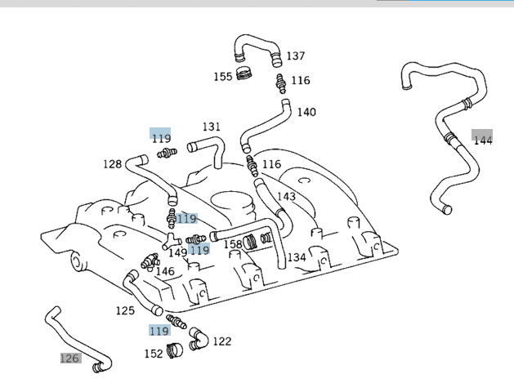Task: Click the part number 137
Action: point(295,56)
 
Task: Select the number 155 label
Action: point(223,77)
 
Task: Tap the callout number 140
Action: point(306,112)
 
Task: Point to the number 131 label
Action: point(212,127)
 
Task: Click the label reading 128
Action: point(112,164)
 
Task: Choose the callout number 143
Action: point(286,196)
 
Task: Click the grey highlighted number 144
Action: point(483,140)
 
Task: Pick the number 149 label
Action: point(178,252)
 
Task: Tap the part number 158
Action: point(234,243)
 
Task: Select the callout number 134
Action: point(296,257)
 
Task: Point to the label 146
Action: point(165,271)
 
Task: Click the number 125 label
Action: point(125,310)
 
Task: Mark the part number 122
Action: point(222,341)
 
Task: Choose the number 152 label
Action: point(154,354)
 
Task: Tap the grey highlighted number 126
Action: point(70,358)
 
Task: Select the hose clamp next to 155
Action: point(244,74)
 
